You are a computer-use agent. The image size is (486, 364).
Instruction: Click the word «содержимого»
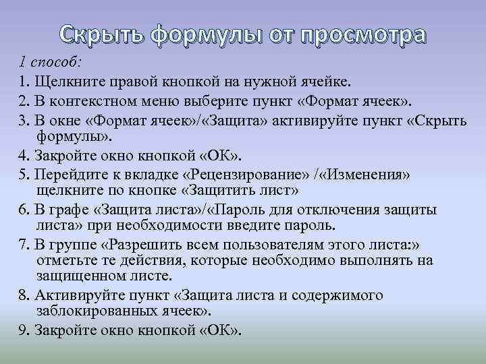pos(333,296)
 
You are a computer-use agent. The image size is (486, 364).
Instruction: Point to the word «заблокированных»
pos(88,311)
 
